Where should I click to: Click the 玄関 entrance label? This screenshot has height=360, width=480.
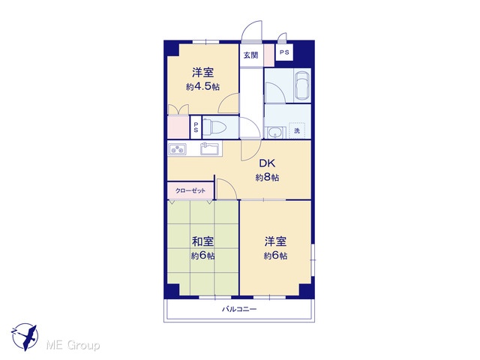250,55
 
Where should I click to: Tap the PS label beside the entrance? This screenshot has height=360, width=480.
284,52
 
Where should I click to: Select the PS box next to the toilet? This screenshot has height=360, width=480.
195,127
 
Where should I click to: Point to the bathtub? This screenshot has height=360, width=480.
302,86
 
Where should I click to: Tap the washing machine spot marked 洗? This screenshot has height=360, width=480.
297,131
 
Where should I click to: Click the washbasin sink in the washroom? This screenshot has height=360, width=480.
275,133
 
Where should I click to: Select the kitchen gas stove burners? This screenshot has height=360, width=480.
177,149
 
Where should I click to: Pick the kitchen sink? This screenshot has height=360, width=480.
210,148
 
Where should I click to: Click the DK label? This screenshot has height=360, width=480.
267,163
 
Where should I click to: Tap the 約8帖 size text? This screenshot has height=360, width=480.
267,178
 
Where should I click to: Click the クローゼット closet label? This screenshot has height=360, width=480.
190,190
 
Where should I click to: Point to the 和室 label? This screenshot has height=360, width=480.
202,241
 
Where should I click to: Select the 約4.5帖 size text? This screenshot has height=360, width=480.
202,87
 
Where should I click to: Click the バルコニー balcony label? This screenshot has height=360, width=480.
239,309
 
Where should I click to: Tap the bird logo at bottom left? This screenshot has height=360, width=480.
25,337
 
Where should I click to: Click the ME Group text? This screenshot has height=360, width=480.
73,346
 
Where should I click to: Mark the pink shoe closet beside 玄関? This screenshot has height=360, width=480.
268,55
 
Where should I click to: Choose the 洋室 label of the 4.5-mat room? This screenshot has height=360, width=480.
202,73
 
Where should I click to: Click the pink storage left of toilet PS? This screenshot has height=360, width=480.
178,127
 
